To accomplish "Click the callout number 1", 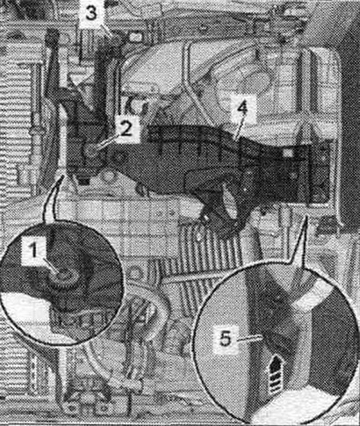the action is coord(34,250).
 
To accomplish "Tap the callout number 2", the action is coord(125,130).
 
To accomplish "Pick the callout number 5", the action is coord(225,340).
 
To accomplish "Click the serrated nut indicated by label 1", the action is coord(63,276).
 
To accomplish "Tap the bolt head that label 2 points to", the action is coord(91,150).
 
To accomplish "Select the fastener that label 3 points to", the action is coord(114,40).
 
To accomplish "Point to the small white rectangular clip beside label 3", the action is coord(136,37).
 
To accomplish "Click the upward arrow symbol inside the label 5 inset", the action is coord(276,375).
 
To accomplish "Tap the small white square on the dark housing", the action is coord(287,153).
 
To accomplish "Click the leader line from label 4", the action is coord(239,127).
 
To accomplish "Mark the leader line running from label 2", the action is coord(103,143).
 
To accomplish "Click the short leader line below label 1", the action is coord(50,265).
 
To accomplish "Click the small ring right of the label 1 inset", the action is coord(134,274).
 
